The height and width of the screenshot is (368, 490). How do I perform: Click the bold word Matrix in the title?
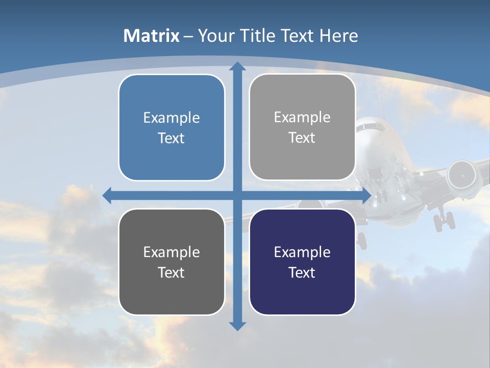click(x=152, y=36)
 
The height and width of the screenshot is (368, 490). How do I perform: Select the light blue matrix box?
click(x=171, y=128)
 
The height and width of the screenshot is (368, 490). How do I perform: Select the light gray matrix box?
click(x=302, y=127)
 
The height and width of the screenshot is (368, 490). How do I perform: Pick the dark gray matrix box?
click(x=171, y=262)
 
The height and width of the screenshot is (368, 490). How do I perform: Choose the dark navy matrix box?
click(x=302, y=262)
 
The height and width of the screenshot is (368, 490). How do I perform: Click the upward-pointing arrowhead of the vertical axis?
click(x=237, y=67)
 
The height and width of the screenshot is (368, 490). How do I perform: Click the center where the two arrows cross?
click(x=237, y=195)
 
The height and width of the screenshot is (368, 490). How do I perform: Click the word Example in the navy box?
click(x=302, y=252)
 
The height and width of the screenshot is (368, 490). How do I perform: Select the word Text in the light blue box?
click(x=171, y=138)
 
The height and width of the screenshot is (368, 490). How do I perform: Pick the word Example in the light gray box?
click(x=302, y=118)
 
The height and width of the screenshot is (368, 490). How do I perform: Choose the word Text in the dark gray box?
click(x=171, y=272)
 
